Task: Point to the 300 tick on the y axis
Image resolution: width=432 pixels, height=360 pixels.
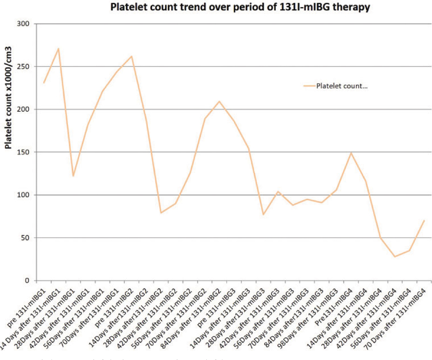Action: (23, 24)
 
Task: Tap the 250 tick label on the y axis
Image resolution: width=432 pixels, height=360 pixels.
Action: (23, 67)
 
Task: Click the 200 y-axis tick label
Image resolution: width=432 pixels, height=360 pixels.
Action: (23, 110)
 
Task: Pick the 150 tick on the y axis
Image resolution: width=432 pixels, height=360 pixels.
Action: (23, 152)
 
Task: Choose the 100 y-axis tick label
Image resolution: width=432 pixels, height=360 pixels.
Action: (23, 195)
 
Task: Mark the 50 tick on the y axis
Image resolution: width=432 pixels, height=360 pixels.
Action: (25, 238)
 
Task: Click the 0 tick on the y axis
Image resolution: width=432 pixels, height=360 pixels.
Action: (27, 281)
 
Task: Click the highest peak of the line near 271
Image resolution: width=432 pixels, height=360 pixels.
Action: (58, 49)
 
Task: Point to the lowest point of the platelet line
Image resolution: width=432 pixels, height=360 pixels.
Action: (395, 256)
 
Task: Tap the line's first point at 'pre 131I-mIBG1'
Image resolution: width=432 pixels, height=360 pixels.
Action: (44, 83)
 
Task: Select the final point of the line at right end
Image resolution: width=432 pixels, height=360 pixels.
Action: (424, 221)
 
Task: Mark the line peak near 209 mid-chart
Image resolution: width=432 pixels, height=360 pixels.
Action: (219, 102)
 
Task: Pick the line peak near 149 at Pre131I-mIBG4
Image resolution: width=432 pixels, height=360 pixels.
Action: (351, 153)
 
